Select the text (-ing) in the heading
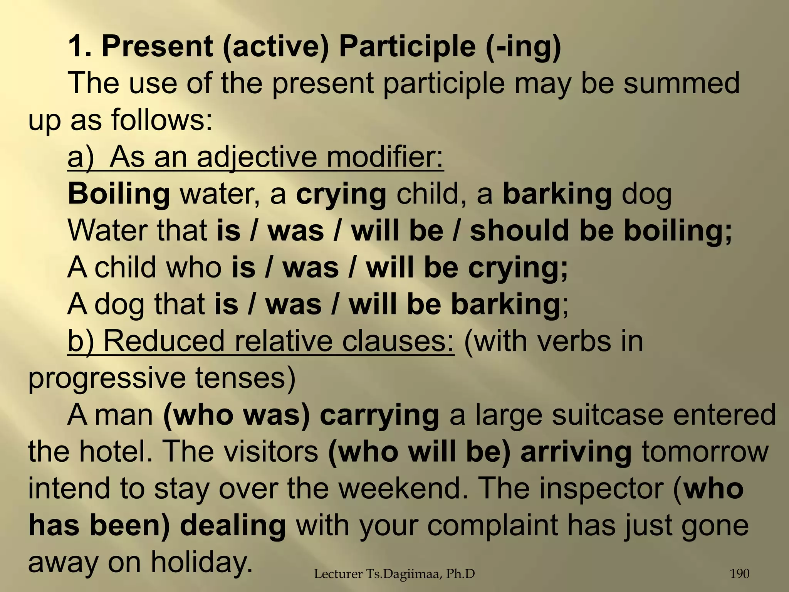[524, 47]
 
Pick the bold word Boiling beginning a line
[119, 194]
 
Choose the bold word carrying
[379, 415]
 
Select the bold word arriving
[576, 452]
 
